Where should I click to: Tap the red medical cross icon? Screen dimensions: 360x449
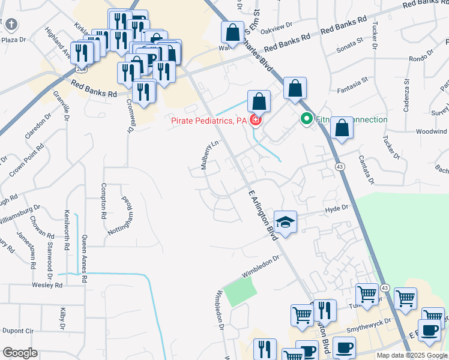coord(256,121)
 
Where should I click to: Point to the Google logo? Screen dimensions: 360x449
coord(20,353)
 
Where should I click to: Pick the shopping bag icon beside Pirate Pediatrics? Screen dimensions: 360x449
coord(258,100)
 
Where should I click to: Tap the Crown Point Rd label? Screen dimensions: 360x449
coord(26,160)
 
